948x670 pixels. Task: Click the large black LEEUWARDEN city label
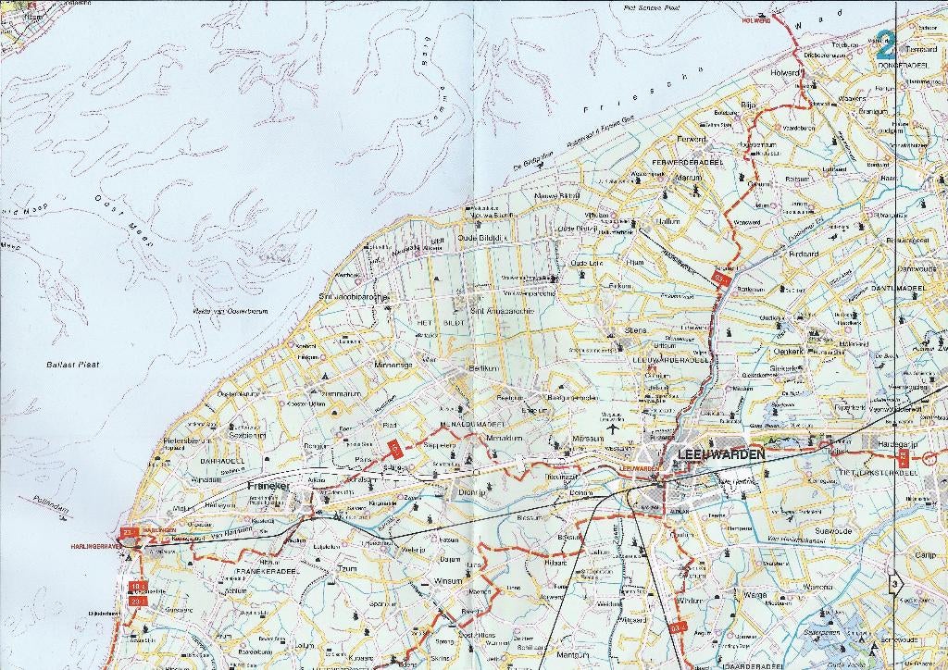tap(721, 454)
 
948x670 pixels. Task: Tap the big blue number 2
tap(886, 43)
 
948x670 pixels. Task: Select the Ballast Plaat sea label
tap(72, 365)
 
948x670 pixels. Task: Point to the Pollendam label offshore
tap(51, 504)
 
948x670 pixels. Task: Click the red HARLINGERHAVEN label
tap(95, 547)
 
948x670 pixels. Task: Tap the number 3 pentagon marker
tap(894, 584)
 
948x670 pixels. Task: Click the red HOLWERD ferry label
tap(755, 20)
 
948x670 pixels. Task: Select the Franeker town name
tap(268, 486)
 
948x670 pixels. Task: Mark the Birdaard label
tap(804, 254)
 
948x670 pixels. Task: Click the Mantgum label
tap(574, 656)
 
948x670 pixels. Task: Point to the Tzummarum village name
tap(340, 393)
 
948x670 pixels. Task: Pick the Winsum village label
tap(447, 582)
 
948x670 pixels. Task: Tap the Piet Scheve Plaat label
tap(653, 7)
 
